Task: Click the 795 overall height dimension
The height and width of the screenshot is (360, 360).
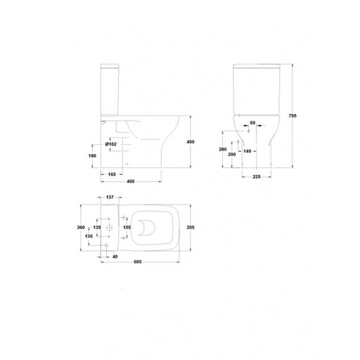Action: point(292,116)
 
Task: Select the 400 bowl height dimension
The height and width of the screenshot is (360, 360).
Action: point(191,142)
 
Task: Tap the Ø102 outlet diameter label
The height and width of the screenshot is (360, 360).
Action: point(111,144)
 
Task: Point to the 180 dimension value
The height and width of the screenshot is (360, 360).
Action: point(92,155)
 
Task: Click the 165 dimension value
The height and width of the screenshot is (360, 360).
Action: point(112,174)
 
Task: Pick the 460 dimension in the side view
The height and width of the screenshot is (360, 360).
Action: point(131,181)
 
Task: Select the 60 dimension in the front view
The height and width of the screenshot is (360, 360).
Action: point(252,123)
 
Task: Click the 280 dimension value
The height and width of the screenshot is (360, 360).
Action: point(223,149)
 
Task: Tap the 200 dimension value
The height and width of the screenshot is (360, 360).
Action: point(232,155)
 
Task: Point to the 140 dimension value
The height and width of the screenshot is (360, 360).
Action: point(247,151)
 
